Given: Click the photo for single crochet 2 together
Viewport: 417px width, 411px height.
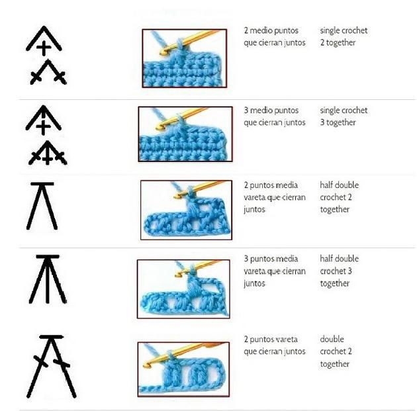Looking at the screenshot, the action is point(184,58).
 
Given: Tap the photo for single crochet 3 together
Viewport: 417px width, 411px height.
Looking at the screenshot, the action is point(185,134).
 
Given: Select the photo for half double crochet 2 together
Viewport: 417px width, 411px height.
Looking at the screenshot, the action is point(186,210).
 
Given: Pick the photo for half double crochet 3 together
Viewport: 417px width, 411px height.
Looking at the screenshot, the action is point(183,289).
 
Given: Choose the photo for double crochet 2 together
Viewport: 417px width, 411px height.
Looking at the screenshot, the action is point(183,369).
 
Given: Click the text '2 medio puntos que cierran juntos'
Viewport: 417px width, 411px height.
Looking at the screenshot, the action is point(275,36).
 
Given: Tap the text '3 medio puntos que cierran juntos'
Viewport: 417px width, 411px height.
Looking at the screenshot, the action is point(275,116).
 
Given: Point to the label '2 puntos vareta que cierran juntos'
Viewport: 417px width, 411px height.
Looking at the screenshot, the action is point(275,345).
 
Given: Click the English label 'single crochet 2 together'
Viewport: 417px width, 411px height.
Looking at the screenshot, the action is point(344,36).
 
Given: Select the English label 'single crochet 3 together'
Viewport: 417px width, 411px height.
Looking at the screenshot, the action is point(344,116).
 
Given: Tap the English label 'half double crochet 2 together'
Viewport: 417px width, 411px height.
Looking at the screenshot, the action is point(340,197).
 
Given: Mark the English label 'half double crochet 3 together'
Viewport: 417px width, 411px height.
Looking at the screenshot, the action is point(340,271).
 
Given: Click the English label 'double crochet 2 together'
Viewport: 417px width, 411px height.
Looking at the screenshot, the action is point(336,351).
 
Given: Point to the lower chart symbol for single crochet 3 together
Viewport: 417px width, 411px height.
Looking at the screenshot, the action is point(48,153).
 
